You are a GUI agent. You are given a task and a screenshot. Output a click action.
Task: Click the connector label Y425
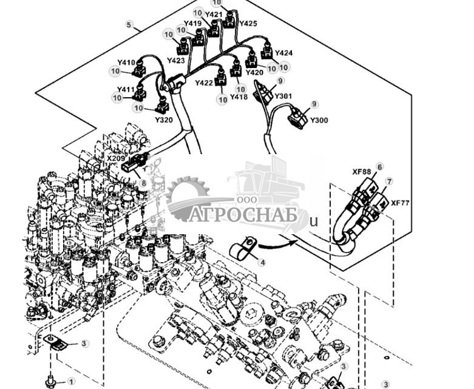[248, 24]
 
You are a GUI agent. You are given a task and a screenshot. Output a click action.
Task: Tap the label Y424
[283, 53]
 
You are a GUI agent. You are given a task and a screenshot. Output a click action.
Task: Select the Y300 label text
[319, 120]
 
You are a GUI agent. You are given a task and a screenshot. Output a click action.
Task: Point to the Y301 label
[283, 96]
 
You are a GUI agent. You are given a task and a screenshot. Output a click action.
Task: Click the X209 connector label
[116, 158]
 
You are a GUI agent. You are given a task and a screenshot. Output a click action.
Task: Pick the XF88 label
[361, 172]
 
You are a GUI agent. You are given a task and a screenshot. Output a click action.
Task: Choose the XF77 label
[400, 203]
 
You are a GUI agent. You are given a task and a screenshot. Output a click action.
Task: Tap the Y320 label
[163, 120]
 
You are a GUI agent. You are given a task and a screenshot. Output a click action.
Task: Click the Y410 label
[126, 63]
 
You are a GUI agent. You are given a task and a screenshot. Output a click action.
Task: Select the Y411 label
[126, 90]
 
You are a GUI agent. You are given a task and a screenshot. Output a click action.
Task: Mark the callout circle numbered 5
[129, 24]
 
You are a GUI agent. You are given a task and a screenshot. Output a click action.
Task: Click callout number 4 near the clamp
[262, 263]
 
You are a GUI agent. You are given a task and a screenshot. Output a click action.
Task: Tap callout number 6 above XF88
[379, 167]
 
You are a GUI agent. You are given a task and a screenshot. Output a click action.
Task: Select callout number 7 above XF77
[389, 181]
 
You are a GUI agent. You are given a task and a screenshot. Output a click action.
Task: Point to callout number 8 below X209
[143, 182]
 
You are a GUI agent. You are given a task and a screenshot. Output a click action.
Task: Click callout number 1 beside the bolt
[71, 382]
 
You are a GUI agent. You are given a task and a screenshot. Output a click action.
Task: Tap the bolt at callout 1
[50, 382]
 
